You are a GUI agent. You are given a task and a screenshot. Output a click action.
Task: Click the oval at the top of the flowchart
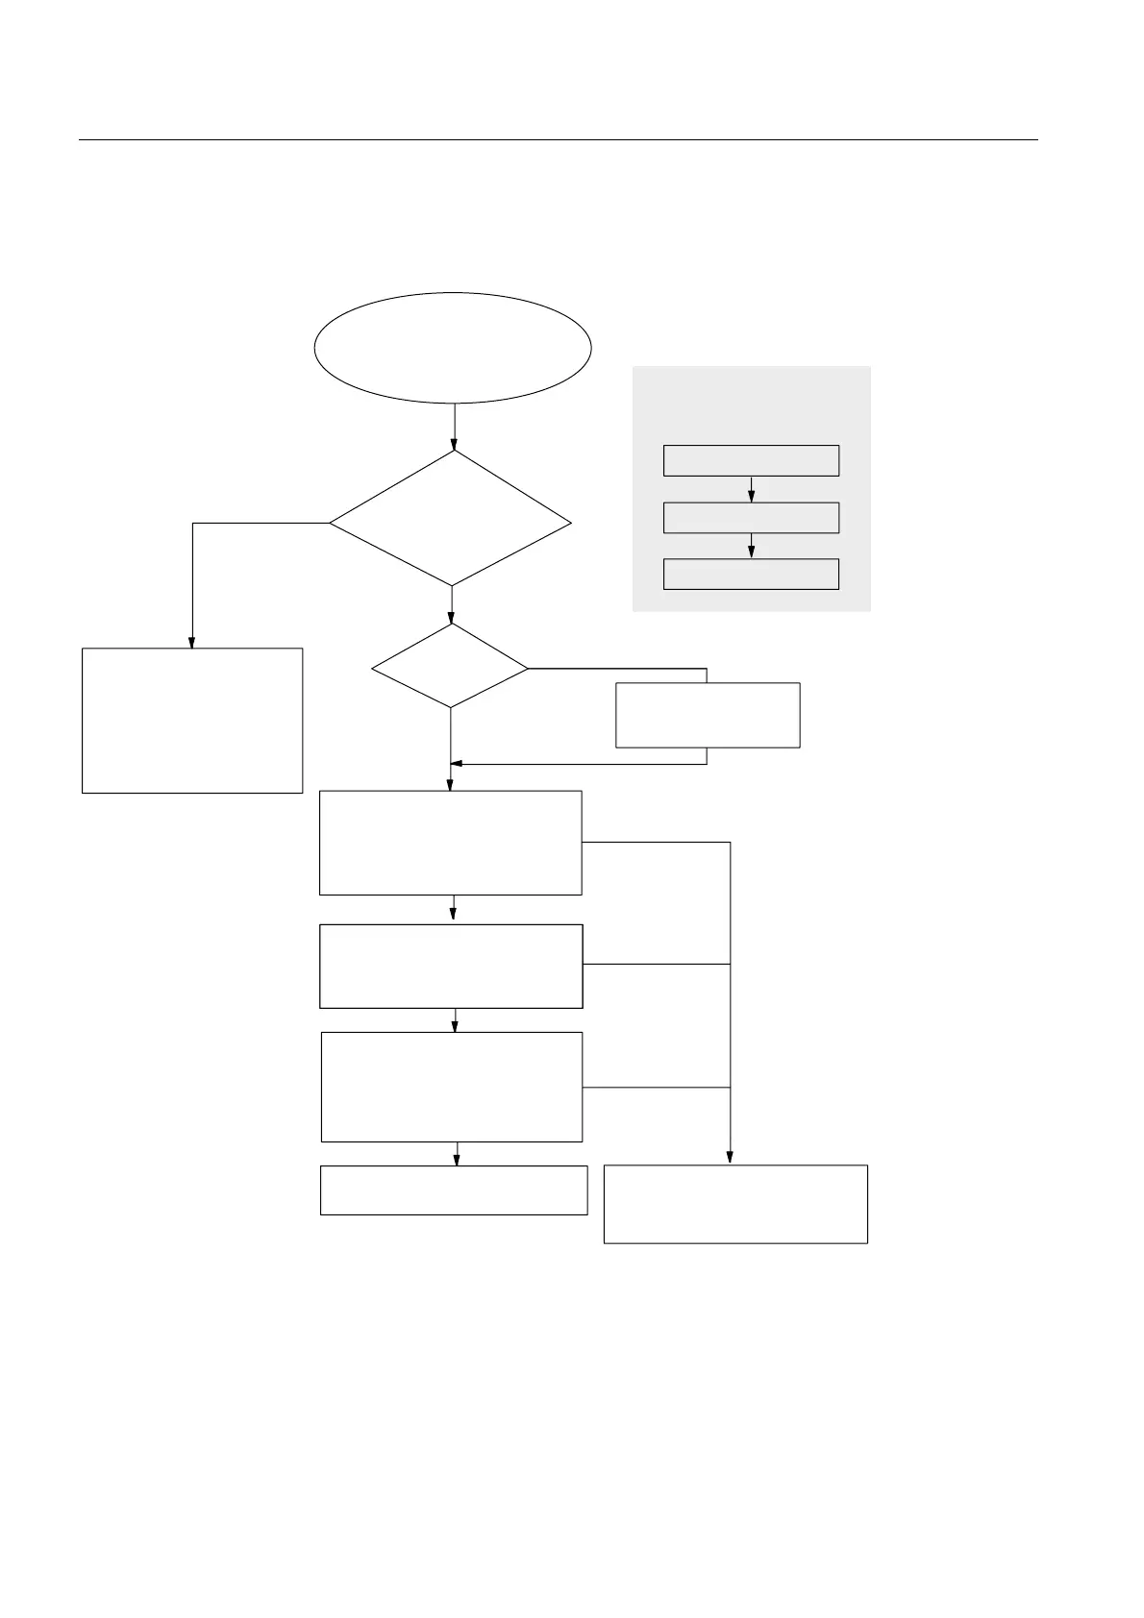pyautogui.click(x=453, y=348)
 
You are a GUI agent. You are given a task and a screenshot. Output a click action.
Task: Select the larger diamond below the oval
pyautogui.click(x=451, y=520)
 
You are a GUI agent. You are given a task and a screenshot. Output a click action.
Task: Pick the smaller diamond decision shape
pyautogui.click(x=450, y=667)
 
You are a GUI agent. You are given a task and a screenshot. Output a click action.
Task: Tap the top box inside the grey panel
pyautogui.click(x=751, y=460)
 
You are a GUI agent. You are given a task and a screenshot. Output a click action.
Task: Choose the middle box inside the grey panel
pyautogui.click(x=751, y=518)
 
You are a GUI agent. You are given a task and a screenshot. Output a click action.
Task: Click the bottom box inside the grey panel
pyautogui.click(x=751, y=574)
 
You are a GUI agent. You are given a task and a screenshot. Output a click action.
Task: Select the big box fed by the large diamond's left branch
pyautogui.click(x=192, y=721)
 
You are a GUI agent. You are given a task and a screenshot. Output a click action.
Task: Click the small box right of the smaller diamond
pyautogui.click(x=708, y=715)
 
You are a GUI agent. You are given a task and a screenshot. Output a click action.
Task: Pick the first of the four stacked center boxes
pyautogui.click(x=450, y=843)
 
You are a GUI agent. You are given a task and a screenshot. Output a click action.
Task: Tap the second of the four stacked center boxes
pyautogui.click(x=451, y=967)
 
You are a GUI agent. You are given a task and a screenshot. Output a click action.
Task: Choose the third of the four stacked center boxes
pyautogui.click(x=452, y=1087)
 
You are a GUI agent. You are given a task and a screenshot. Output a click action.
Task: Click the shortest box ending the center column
pyautogui.click(x=454, y=1190)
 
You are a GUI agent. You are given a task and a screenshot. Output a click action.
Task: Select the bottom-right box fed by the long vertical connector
pyautogui.click(x=735, y=1204)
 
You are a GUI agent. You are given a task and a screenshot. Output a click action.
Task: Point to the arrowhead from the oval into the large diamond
pyautogui.click(x=454, y=446)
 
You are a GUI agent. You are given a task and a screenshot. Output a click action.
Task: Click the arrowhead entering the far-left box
pyautogui.click(x=192, y=643)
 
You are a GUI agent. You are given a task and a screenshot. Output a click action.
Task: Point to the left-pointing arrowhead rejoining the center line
pyautogui.click(x=458, y=764)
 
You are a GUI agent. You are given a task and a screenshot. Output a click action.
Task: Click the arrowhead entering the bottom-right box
pyautogui.click(x=731, y=1159)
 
